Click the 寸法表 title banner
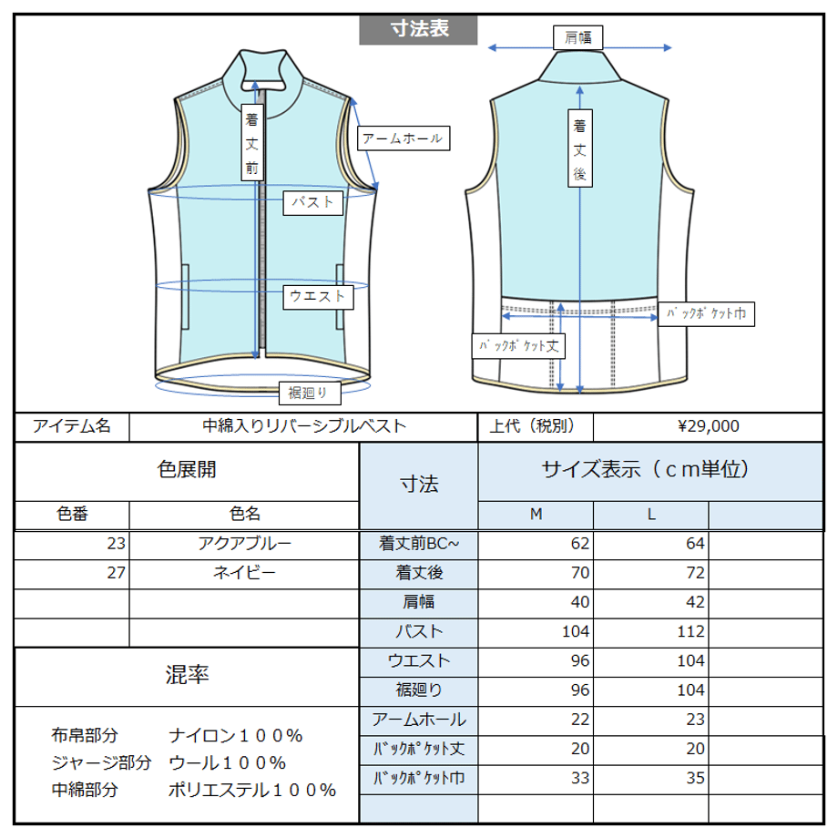click(418, 29)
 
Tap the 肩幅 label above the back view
click(577, 37)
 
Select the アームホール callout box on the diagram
click(404, 138)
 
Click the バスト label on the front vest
click(312, 202)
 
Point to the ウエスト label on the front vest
click(318, 297)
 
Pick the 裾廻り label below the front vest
click(310, 393)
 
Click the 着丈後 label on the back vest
click(580, 148)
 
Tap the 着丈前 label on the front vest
click(251, 143)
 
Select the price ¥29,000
click(708, 426)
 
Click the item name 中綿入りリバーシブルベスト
click(304, 426)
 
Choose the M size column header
click(536, 514)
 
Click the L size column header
click(651, 514)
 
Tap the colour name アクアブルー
click(245, 544)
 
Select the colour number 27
click(116, 573)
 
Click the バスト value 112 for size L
click(690, 632)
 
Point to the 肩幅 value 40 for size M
click(580, 602)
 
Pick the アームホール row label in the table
click(419, 720)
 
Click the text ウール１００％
click(228, 762)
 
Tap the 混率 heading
click(187, 675)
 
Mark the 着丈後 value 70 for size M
click(580, 573)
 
